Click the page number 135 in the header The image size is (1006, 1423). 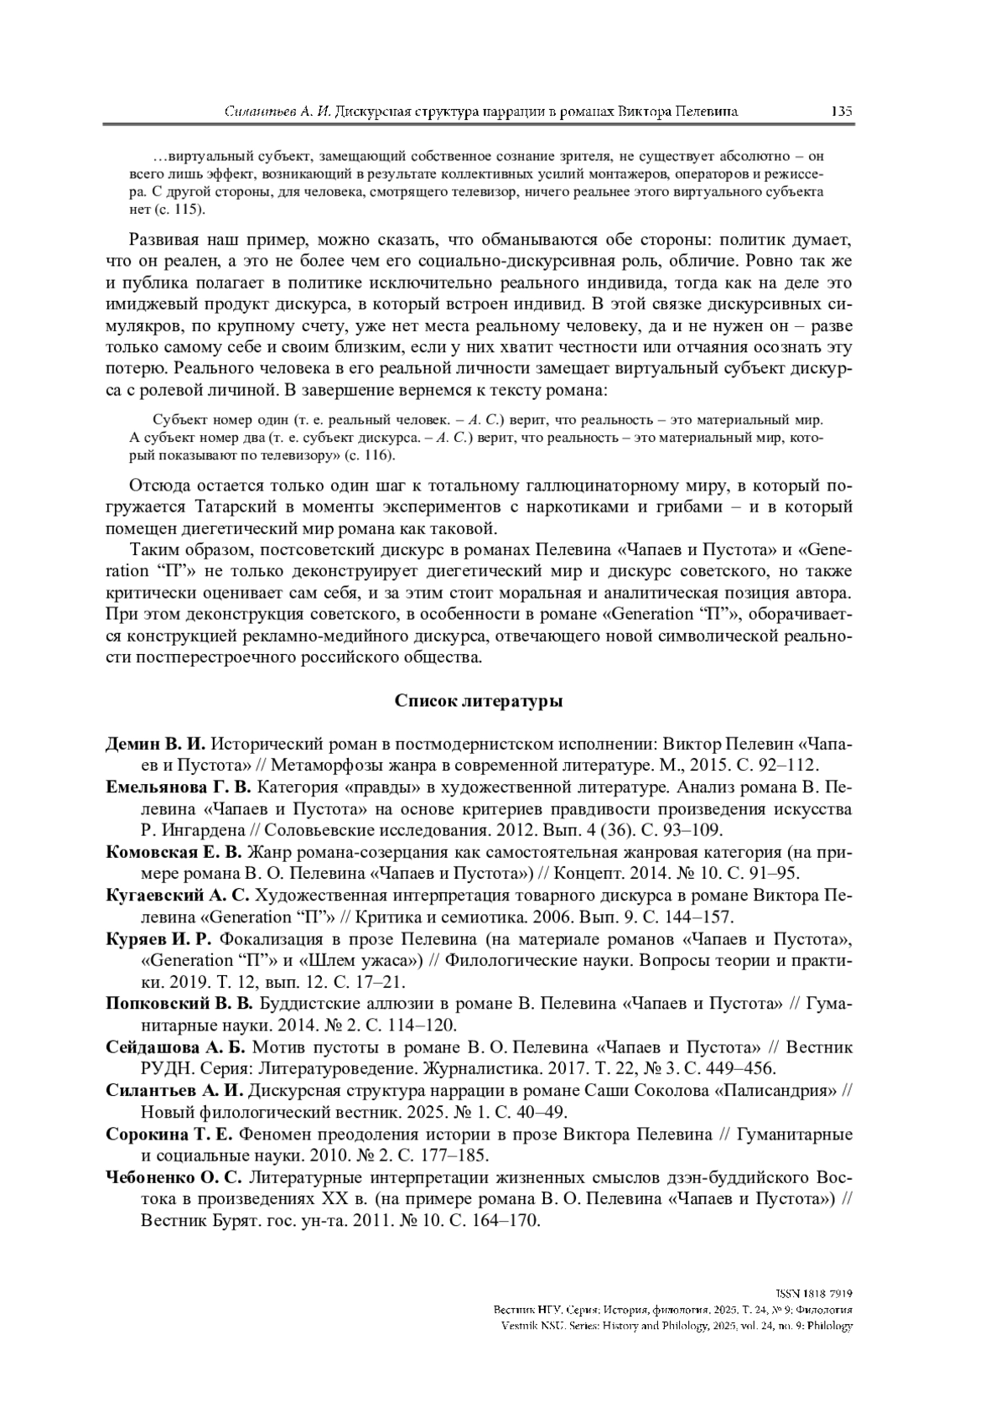(x=841, y=111)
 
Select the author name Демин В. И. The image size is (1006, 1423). (x=156, y=743)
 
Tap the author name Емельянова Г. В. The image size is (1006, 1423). (x=179, y=787)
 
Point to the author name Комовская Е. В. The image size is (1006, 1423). (x=174, y=852)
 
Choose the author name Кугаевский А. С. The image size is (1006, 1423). (x=178, y=896)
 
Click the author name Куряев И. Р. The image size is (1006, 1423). (x=159, y=938)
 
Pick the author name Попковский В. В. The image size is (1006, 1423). (x=179, y=1004)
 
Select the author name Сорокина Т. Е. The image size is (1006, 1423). (x=169, y=1135)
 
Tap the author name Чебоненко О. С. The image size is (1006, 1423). (x=174, y=1178)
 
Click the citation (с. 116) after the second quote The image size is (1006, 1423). (x=366, y=455)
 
